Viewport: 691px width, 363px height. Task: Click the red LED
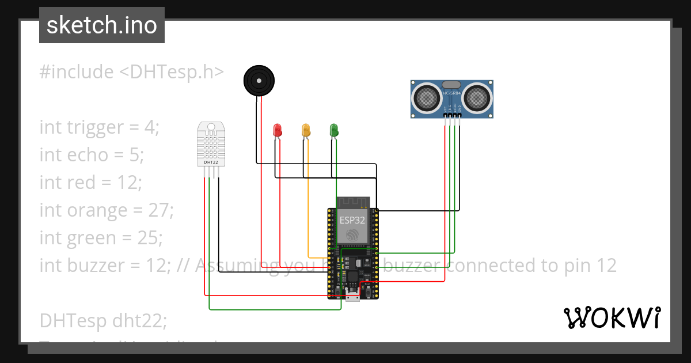277,130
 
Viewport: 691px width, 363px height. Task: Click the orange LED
306,130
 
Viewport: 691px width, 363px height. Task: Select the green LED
333,130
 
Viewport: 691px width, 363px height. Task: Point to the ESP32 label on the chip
352,220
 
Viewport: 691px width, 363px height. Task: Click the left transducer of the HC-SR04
428,97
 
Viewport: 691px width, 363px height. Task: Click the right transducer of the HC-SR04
477,97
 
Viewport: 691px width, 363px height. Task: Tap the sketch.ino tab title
102,25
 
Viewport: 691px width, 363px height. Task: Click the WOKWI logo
612,317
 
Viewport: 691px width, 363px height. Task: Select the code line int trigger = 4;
98,127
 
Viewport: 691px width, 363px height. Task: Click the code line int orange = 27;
107,210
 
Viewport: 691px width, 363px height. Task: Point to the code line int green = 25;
101,237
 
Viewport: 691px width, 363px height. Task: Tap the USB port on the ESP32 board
352,296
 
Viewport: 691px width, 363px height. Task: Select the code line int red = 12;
90,182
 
